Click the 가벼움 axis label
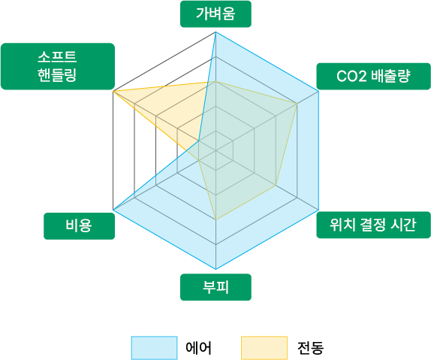pyautogui.click(x=215, y=14)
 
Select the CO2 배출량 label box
pyautogui.click(x=373, y=77)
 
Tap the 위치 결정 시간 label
pyautogui.click(x=373, y=225)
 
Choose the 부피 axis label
pyautogui.click(x=215, y=287)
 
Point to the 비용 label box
pyautogui.click(x=79, y=226)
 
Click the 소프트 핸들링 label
pyautogui.click(x=58, y=66)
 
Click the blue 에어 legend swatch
pyautogui.click(x=154, y=348)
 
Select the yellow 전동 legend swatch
pyautogui.click(x=264, y=348)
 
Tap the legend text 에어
pyautogui.click(x=198, y=348)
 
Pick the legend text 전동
pyautogui.click(x=310, y=348)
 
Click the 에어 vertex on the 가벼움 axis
pyautogui.click(x=215, y=32)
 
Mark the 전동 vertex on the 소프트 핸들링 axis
pyautogui.click(x=113, y=91)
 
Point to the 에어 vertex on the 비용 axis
pyautogui.click(x=113, y=210)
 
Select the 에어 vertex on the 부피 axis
pyautogui.click(x=215, y=269)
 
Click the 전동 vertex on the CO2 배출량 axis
pyautogui.click(x=297, y=104)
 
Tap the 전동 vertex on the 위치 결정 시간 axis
pyautogui.click(x=276, y=185)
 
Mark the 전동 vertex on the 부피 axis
pyautogui.click(x=215, y=219)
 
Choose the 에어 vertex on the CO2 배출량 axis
pyautogui.click(x=318, y=91)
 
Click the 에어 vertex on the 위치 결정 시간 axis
pyautogui.click(x=318, y=210)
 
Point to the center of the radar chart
pyautogui.click(x=215, y=150)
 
